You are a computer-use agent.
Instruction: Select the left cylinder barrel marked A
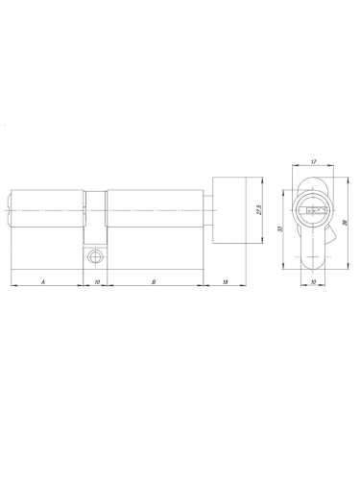click(x=48, y=209)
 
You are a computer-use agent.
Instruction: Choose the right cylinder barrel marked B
click(x=154, y=209)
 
